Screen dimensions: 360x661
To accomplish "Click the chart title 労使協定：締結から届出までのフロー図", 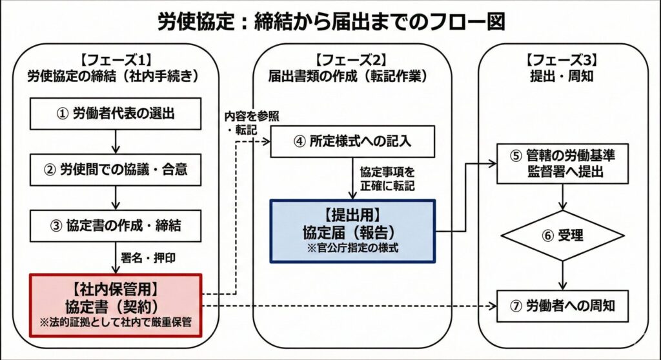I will (330, 21).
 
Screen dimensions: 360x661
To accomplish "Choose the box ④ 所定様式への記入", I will (351, 140).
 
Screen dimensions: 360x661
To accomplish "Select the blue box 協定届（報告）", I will (352, 230).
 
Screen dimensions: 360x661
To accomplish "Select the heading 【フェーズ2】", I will (351, 60).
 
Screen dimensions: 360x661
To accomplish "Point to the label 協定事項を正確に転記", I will (387, 179).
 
